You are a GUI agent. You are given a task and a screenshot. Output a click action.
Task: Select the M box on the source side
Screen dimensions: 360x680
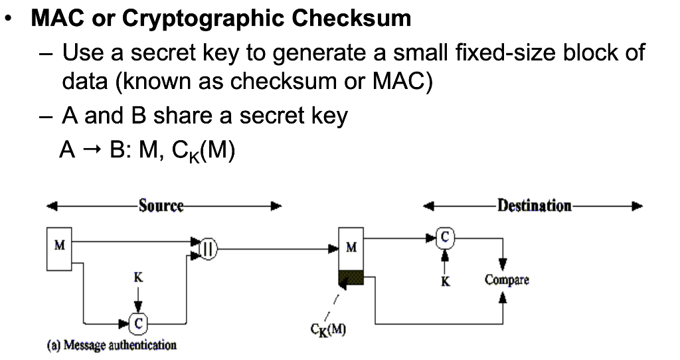coord(59,248)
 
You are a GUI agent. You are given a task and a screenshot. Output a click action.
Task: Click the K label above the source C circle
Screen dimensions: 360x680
coord(137,278)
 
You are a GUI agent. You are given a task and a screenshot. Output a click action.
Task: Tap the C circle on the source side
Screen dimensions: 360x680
coord(137,323)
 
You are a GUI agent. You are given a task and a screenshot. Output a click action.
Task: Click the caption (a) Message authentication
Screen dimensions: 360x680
coord(111,345)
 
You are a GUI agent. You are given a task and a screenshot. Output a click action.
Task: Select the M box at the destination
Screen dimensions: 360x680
coord(351,248)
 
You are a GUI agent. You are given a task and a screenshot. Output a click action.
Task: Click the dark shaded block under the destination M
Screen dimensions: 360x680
coord(351,278)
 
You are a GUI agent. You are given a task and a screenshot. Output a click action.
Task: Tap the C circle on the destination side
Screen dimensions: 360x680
coord(445,236)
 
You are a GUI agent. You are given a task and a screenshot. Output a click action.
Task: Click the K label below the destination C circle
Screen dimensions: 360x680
coord(445,282)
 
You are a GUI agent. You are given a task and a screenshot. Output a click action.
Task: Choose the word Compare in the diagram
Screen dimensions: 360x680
coord(507,280)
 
